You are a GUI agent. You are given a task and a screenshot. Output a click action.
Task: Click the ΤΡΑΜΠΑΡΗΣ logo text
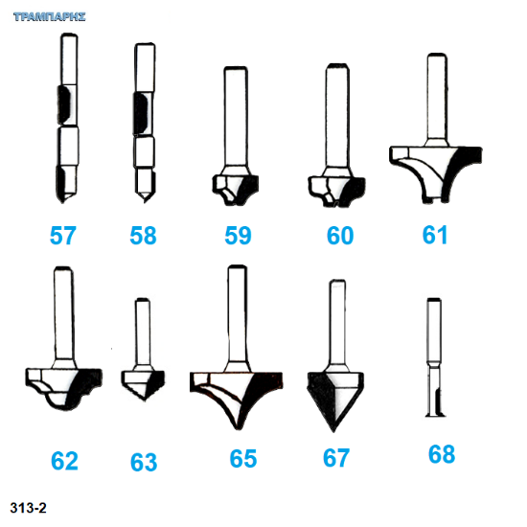(x=50, y=17)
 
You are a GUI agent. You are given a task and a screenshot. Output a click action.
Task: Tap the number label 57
(x=63, y=236)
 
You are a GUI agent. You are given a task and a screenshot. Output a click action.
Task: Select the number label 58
(x=143, y=236)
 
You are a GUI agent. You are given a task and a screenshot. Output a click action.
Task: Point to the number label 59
(x=238, y=236)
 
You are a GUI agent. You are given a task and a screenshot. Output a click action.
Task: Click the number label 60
(x=340, y=236)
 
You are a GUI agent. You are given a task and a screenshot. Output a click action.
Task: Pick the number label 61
(x=435, y=235)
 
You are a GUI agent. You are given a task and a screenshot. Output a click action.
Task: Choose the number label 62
(x=64, y=461)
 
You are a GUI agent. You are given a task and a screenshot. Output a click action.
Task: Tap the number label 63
(x=144, y=463)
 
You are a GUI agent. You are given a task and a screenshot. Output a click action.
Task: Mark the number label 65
(x=243, y=458)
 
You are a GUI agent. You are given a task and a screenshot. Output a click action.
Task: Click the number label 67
(x=336, y=458)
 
